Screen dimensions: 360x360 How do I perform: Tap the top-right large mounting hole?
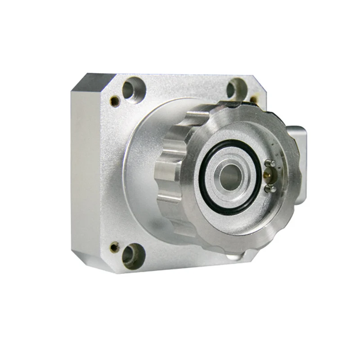234,88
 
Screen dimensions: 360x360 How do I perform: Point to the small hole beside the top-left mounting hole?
115,100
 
